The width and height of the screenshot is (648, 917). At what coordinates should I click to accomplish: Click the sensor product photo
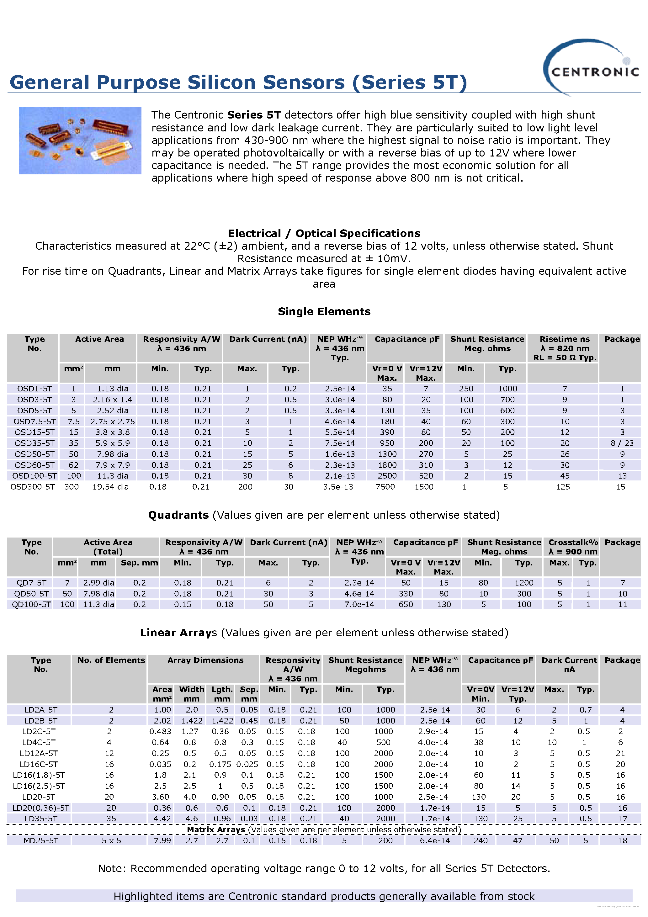coord(80,140)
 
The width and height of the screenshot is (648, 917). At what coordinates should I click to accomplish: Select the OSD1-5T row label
coord(35,389)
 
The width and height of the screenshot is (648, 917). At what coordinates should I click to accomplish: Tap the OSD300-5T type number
coord(32,487)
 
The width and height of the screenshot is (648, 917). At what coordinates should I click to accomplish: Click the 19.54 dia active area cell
coord(110,487)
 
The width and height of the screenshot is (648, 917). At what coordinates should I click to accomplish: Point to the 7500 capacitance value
coord(385,487)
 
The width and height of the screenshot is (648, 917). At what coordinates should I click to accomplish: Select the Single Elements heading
coord(324,311)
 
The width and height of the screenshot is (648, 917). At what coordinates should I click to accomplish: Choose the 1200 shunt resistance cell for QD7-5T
coord(524,583)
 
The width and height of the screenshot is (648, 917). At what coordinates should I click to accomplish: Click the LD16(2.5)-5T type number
coord(39,786)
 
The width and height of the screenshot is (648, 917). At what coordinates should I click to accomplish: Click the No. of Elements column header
coord(111,660)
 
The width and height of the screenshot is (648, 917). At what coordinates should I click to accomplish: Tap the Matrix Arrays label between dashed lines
coord(216,830)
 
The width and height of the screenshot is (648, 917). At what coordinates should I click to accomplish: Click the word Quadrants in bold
coord(178,515)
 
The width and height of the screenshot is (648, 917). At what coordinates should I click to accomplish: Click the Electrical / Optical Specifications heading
coord(324,233)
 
